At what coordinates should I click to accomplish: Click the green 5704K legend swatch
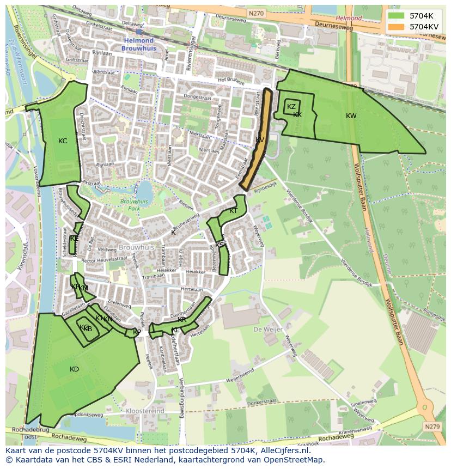(x=397, y=16)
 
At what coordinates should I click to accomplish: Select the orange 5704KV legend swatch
(x=397, y=26)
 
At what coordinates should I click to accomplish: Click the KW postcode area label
(x=351, y=116)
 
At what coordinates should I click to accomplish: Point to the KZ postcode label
(x=291, y=107)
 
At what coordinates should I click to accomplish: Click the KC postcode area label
(x=63, y=141)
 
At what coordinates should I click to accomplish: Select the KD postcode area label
(x=75, y=369)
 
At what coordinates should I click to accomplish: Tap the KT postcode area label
(x=233, y=211)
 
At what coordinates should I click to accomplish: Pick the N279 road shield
(x=432, y=427)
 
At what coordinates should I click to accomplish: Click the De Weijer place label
(x=265, y=330)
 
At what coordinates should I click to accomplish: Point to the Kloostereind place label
(x=144, y=411)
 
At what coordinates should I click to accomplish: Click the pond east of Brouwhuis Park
(x=144, y=191)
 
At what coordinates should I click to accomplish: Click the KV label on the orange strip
(x=260, y=141)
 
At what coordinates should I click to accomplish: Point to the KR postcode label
(x=182, y=320)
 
